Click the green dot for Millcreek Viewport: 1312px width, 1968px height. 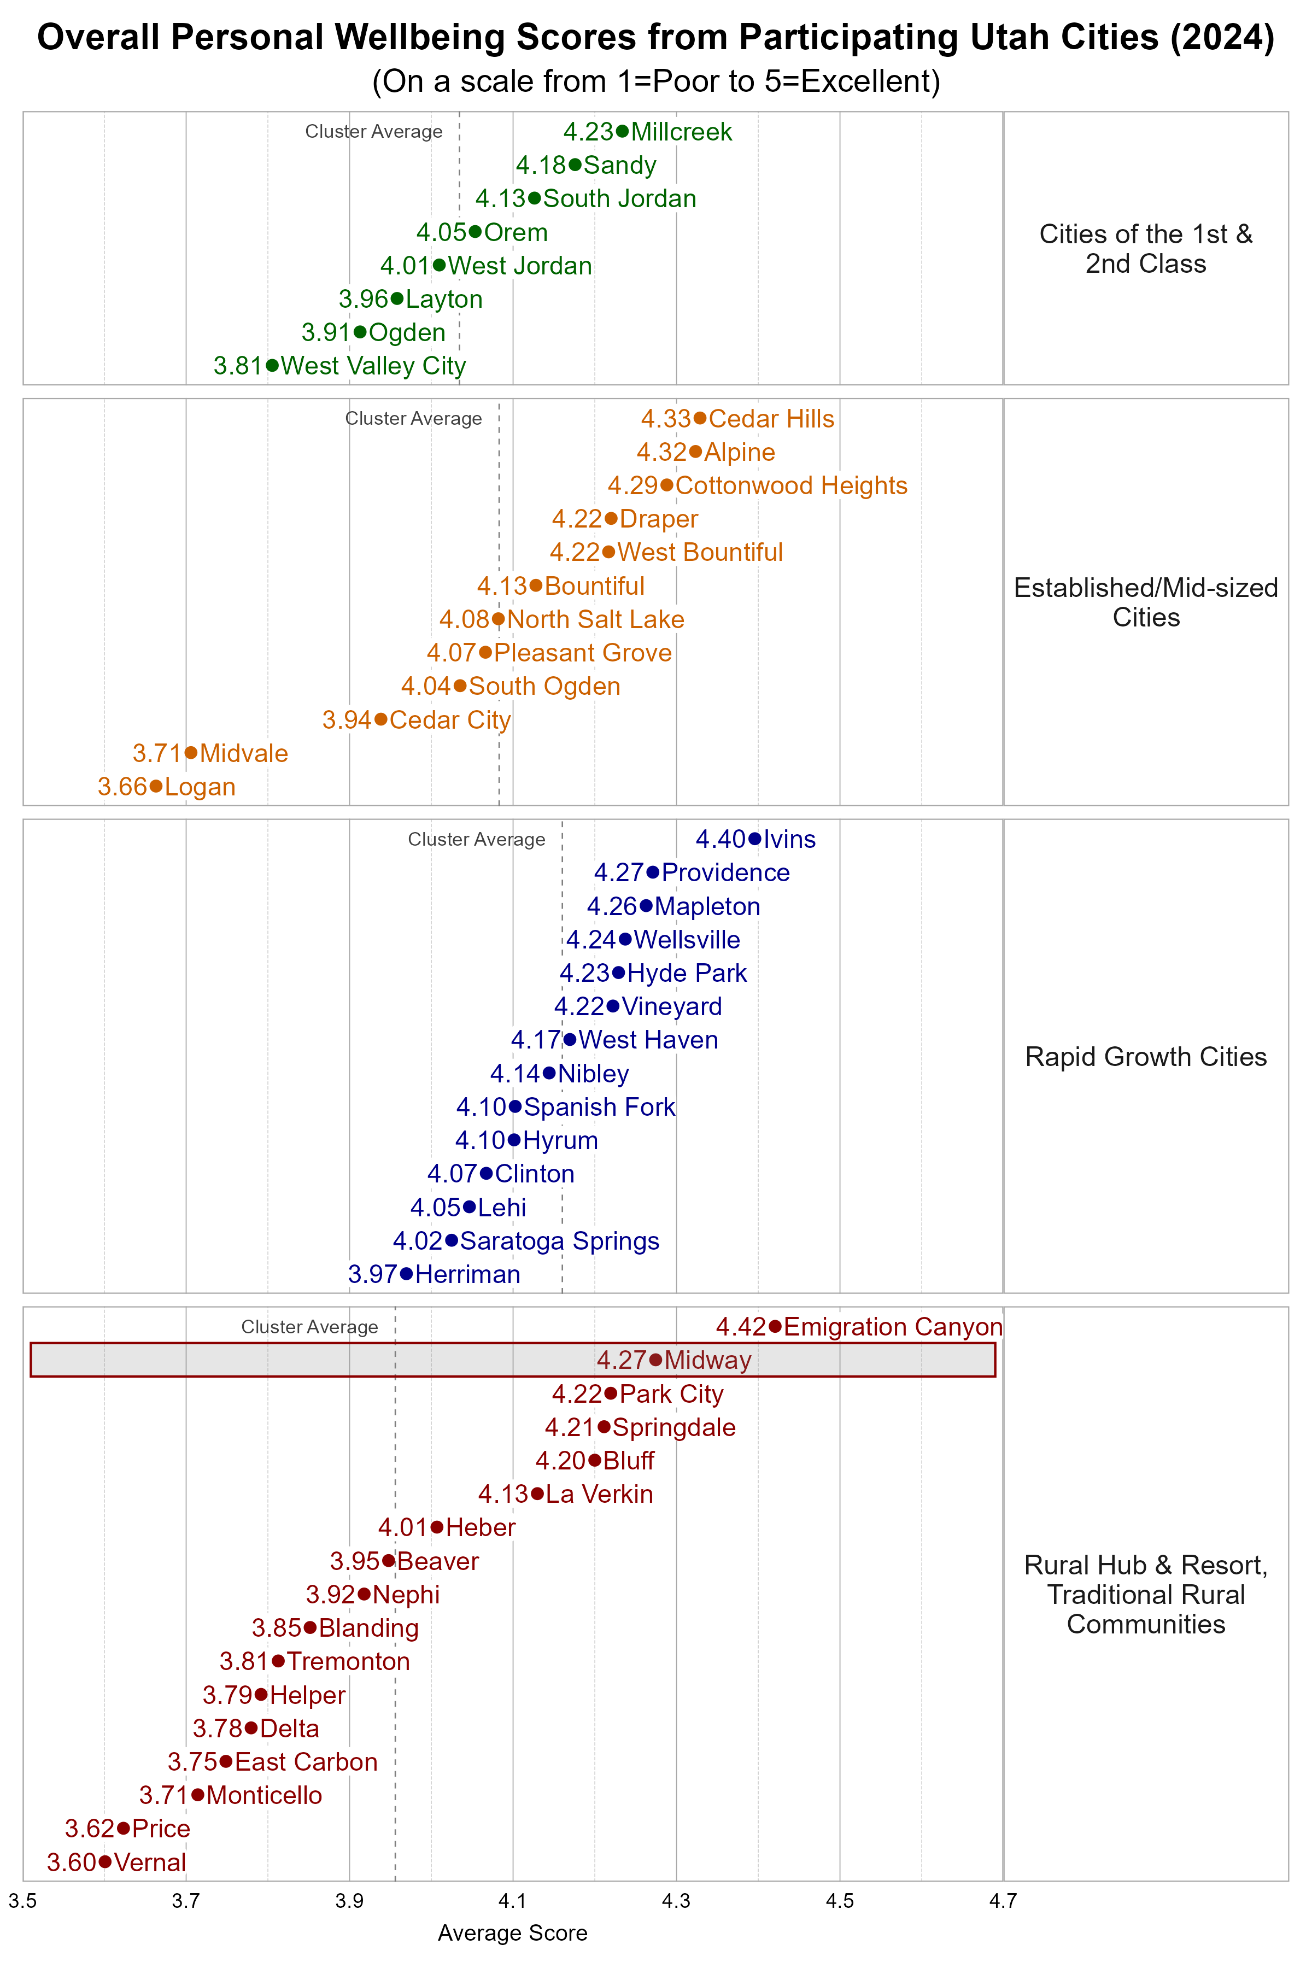pyautogui.click(x=622, y=131)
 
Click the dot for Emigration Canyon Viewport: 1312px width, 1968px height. pyautogui.click(x=775, y=1326)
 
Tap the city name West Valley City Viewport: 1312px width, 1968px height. pyautogui.click(x=373, y=366)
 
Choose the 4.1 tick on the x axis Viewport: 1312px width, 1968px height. pyautogui.click(x=513, y=1901)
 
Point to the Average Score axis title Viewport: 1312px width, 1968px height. pyautogui.click(x=512, y=1933)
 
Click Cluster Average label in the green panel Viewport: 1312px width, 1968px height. pyautogui.click(x=373, y=131)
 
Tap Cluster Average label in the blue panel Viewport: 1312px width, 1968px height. pyautogui.click(x=476, y=839)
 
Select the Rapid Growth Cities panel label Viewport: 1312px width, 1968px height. pyautogui.click(x=1145, y=1057)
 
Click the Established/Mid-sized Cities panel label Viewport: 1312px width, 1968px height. pyautogui.click(x=1145, y=602)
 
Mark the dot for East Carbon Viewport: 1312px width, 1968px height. pyautogui.click(x=225, y=1761)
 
